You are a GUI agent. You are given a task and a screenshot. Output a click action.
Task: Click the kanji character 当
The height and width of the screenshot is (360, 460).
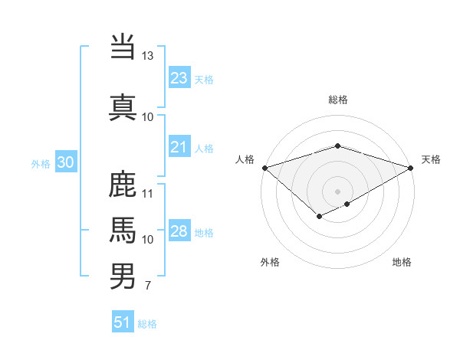point(123,46)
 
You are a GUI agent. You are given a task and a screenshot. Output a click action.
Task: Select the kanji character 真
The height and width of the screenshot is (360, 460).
point(123,106)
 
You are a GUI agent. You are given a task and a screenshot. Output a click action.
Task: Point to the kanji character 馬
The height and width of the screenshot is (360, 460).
point(123,229)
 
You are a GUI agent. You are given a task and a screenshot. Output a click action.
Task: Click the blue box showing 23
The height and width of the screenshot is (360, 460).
point(179,78)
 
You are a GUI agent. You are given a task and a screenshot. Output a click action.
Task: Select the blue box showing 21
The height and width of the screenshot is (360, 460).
point(179,147)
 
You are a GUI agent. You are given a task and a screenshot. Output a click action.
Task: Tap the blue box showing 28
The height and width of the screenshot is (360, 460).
point(179,231)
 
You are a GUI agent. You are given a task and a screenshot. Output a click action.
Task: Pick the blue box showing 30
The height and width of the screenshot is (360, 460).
point(65,162)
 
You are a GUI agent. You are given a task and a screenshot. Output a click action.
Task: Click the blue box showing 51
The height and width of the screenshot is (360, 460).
point(123,322)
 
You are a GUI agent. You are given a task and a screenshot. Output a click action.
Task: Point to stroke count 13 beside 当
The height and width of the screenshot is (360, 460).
point(147,56)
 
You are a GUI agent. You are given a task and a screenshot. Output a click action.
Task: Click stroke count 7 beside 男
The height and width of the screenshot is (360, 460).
point(147,286)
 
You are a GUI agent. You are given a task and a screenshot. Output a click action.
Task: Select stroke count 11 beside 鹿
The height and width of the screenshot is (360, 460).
point(147,193)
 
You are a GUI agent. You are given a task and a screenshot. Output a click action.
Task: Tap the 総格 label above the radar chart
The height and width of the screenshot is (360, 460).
point(337,100)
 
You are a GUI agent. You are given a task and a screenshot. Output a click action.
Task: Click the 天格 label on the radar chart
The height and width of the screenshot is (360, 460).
point(431,159)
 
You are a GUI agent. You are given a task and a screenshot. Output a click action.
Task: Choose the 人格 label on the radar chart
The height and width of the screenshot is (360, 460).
point(245,159)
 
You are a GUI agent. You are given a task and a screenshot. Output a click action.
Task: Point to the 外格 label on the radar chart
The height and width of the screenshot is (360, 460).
point(270,262)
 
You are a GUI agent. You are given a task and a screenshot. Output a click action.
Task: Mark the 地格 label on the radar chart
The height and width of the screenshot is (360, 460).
point(402,262)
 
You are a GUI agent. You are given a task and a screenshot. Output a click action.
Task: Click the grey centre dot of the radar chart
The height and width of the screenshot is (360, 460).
point(337,191)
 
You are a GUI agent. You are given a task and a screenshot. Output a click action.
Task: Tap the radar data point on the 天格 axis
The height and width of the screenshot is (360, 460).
point(411,168)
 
